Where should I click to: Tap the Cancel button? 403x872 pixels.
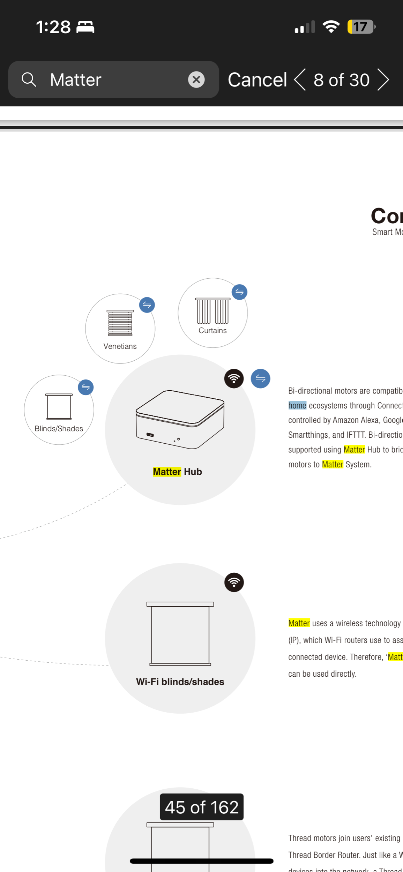click(257, 80)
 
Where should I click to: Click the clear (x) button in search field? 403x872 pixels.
click(196, 80)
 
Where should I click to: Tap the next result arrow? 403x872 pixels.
click(383, 80)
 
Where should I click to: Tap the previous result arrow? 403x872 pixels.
click(300, 80)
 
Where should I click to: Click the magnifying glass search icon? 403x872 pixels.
click(29, 80)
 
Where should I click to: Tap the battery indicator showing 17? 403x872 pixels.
click(361, 27)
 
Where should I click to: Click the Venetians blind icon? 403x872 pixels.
click(120, 323)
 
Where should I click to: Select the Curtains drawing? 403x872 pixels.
click(212, 310)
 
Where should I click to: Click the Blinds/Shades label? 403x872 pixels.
click(59, 428)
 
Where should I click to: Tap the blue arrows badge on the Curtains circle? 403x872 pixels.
click(239, 292)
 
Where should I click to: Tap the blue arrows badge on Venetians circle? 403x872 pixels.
click(147, 305)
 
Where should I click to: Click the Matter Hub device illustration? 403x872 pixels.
click(180, 419)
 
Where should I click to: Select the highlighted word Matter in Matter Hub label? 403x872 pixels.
click(167, 472)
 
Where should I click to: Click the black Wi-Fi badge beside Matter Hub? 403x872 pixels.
click(234, 378)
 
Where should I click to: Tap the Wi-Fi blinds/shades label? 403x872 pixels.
click(180, 682)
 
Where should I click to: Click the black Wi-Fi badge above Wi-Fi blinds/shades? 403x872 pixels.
click(234, 582)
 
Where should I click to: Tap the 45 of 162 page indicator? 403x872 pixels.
click(202, 807)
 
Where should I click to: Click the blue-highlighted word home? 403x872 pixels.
click(297, 405)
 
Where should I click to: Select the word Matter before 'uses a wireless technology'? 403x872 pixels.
click(299, 623)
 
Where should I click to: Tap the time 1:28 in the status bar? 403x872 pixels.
click(53, 27)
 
